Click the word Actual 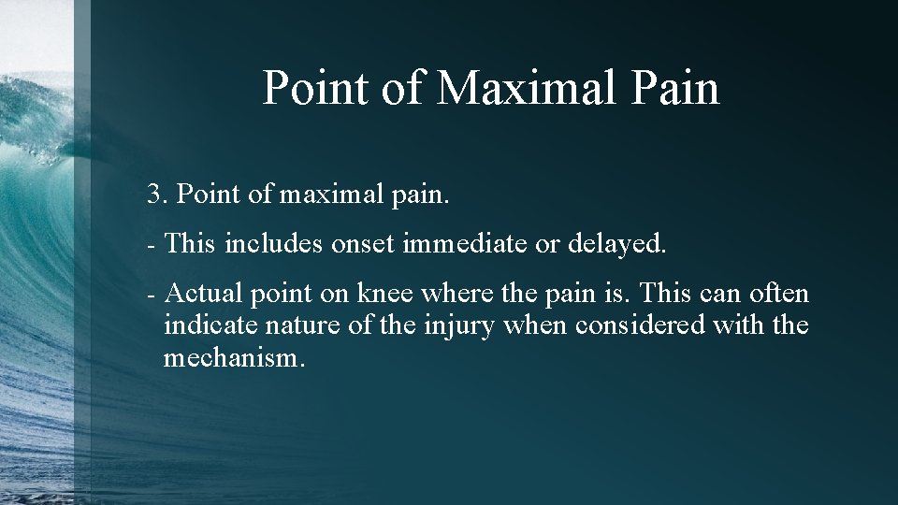tap(204, 295)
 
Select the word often tap(777, 295)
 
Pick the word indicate tap(210, 326)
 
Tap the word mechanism tap(233, 358)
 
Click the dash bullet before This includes tap(151, 245)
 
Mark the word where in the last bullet tap(453, 295)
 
